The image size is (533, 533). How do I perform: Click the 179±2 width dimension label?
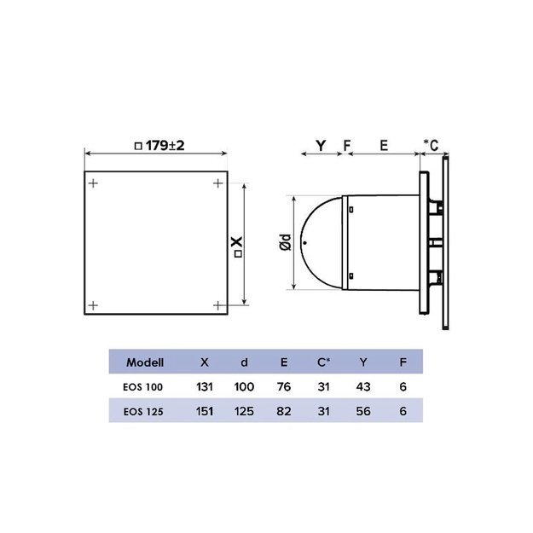[159, 146]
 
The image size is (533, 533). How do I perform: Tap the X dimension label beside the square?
[237, 246]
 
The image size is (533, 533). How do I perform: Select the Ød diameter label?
[286, 242]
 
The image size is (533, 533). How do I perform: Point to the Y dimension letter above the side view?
[321, 146]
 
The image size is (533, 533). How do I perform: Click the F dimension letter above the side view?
[347, 146]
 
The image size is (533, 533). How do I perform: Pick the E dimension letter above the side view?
[384, 146]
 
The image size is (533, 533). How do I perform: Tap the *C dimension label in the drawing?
[431, 145]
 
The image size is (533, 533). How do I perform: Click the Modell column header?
[145, 362]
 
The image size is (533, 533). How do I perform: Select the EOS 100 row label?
[142, 387]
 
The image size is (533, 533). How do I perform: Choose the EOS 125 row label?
[143, 412]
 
